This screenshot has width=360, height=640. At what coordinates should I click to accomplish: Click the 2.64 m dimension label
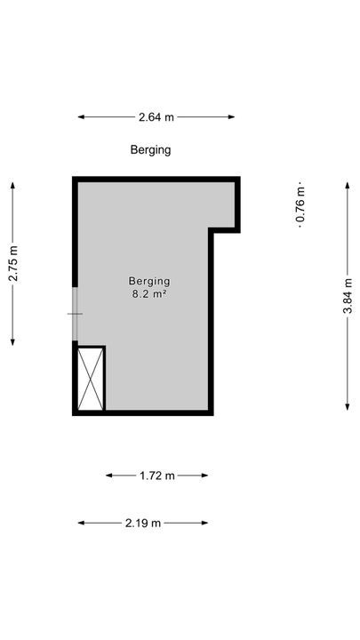(x=156, y=117)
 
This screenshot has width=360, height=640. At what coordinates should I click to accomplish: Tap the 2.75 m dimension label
(x=13, y=263)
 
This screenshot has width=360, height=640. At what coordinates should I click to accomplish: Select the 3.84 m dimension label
(x=348, y=295)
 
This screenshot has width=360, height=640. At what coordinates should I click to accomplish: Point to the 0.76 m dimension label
(x=300, y=204)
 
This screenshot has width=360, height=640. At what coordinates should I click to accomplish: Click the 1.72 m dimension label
(x=157, y=476)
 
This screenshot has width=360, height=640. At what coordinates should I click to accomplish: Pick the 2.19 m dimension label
(x=143, y=524)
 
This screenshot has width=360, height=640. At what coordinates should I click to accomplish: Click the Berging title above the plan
(x=150, y=150)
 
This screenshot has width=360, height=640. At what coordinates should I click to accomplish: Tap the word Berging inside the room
(x=149, y=281)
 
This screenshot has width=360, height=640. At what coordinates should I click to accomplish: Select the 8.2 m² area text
(x=149, y=293)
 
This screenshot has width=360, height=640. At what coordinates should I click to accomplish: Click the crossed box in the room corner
(x=91, y=379)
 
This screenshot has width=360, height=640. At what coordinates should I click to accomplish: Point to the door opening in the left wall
(x=75, y=314)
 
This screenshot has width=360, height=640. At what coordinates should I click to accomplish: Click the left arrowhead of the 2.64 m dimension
(x=81, y=117)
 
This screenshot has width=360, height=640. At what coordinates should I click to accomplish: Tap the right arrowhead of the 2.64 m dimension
(x=232, y=117)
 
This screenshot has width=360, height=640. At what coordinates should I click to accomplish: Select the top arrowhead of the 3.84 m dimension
(x=348, y=185)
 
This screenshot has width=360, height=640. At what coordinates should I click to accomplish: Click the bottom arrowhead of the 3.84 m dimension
(x=348, y=406)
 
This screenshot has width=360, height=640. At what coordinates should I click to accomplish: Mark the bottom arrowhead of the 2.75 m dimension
(x=13, y=342)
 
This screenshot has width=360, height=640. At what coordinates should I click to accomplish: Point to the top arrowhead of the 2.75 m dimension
(x=13, y=185)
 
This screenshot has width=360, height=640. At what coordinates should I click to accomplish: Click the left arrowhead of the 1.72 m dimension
(x=109, y=476)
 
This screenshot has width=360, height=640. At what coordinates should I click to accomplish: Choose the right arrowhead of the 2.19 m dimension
(x=205, y=523)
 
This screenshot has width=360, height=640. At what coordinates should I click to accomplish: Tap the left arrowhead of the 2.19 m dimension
(x=81, y=523)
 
